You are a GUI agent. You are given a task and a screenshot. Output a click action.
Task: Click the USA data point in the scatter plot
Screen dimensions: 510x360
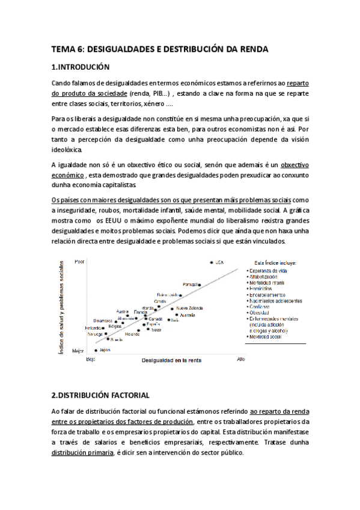pos(212,263)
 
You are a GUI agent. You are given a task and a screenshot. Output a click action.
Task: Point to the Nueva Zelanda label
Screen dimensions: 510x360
pos(188,308)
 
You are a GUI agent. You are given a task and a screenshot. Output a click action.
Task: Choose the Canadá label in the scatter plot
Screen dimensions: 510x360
pos(155,319)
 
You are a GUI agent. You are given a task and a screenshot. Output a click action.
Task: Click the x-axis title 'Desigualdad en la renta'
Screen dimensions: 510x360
pos(171,361)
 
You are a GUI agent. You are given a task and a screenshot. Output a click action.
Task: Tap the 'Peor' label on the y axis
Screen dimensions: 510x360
pos(79,262)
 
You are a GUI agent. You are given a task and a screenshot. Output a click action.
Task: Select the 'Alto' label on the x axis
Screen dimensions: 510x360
pos(240,359)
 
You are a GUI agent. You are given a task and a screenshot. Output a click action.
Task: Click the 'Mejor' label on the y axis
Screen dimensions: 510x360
pos(78,350)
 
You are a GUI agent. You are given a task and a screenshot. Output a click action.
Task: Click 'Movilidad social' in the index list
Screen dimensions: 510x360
pos(266,337)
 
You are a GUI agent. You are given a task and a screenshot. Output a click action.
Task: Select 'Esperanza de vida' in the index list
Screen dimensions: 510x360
pos(270,271)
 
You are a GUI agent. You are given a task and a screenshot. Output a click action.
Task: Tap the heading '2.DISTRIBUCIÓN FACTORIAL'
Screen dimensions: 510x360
pos(100,395)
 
